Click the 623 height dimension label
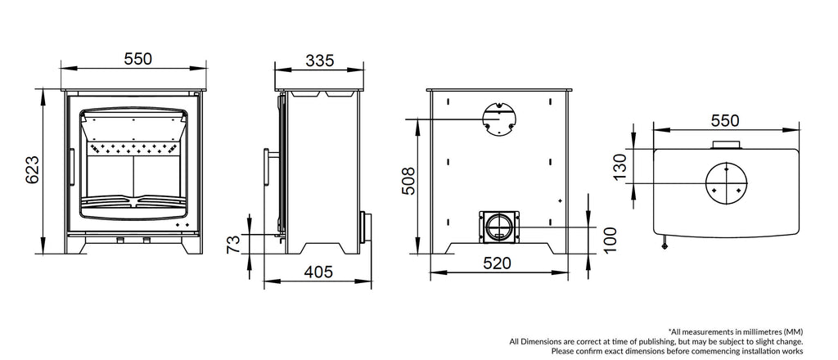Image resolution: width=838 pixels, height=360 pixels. click(31, 169)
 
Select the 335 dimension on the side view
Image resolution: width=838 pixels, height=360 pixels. click(320, 59)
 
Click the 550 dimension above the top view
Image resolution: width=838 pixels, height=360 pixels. click(724, 120)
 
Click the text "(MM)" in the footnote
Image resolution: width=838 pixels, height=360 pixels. click(793, 330)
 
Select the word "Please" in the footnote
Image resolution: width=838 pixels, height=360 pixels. click(565, 351)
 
